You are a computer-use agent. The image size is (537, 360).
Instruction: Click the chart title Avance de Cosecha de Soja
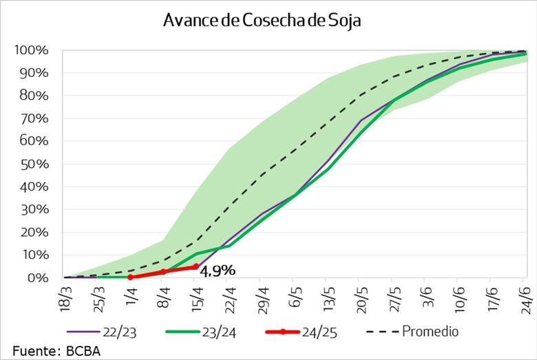262,21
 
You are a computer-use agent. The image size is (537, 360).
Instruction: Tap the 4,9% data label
218,271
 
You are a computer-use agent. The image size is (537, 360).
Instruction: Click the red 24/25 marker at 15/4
196,266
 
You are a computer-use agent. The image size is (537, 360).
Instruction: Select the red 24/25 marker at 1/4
131,277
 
